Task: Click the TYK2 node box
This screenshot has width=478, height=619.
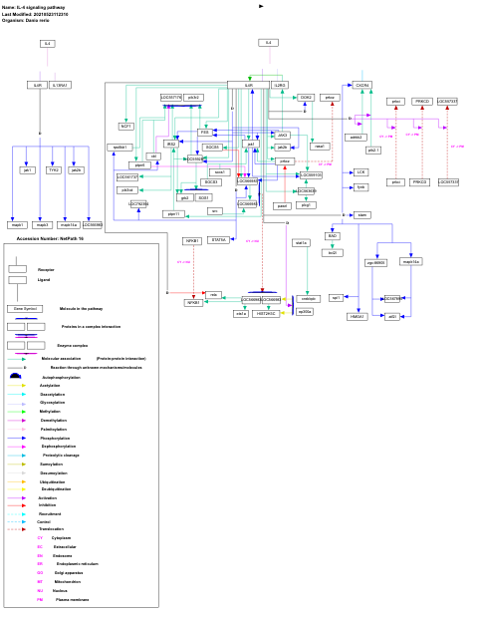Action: (x=54, y=170)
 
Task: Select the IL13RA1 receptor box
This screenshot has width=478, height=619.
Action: (x=61, y=85)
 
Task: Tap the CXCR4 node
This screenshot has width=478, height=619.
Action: (x=361, y=86)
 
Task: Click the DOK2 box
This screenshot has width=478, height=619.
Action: (x=306, y=98)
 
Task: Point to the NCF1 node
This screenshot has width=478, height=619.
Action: (x=126, y=127)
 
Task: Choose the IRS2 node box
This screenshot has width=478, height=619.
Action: (x=171, y=144)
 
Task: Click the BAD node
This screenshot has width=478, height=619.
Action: (x=333, y=236)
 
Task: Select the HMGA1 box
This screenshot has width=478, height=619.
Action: (x=357, y=316)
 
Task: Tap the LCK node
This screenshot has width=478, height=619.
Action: (x=360, y=172)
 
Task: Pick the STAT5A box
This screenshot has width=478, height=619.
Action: (x=218, y=239)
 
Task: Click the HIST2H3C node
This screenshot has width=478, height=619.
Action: (x=266, y=313)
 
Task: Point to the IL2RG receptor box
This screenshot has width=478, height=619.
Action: (x=280, y=86)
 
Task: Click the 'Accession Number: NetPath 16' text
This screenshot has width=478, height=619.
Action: (x=50, y=238)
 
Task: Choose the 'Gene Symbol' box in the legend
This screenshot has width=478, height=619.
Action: (x=25, y=309)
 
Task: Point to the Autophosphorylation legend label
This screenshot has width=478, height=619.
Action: (x=61, y=377)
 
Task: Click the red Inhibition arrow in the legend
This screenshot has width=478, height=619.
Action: (x=22, y=505)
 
